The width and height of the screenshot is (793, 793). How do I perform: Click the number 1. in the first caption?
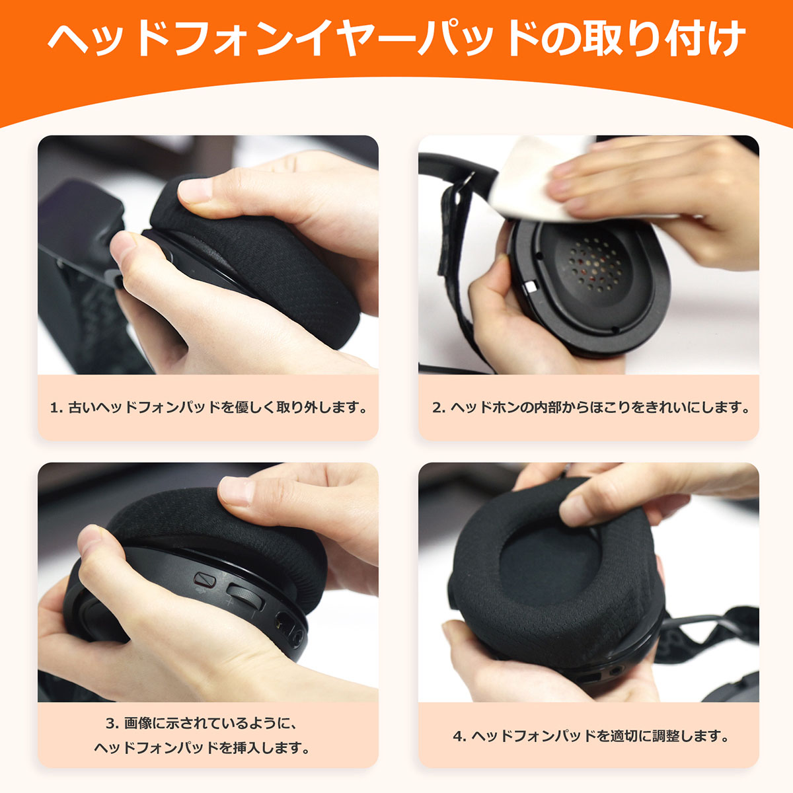[56, 408]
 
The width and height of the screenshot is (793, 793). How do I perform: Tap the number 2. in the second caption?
[439, 408]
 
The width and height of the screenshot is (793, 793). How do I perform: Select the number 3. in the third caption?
[112, 724]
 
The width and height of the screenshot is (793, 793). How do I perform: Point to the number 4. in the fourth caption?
[460, 736]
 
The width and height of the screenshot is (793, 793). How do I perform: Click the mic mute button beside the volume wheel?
[205, 579]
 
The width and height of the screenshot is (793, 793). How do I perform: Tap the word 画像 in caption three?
[138, 724]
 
